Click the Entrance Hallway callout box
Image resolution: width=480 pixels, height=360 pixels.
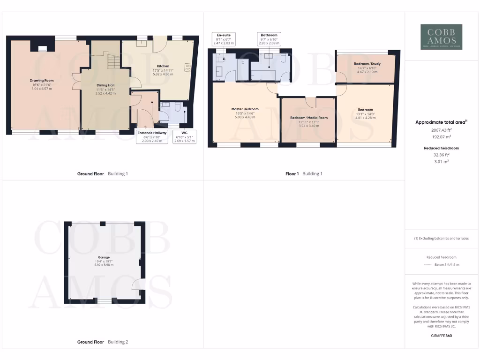[151, 136]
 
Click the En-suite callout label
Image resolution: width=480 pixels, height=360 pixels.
[224, 39]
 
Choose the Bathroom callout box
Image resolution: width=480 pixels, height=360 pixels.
[269, 39]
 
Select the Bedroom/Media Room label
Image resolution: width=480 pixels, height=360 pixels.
[308, 118]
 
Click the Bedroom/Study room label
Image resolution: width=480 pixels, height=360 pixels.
[367, 63]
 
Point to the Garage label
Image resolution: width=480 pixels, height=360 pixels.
[104, 257]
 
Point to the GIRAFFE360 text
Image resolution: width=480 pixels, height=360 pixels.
[441, 336]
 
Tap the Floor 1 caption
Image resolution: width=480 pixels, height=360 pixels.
[292, 174]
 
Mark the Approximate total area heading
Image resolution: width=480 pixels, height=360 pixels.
[441, 122]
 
